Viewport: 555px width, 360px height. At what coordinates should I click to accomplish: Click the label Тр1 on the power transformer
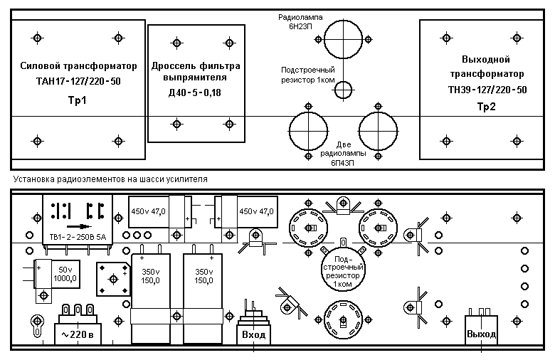[77, 100]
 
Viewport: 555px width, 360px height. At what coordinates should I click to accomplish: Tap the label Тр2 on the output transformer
[486, 107]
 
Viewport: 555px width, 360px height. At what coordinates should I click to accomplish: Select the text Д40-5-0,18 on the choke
[195, 92]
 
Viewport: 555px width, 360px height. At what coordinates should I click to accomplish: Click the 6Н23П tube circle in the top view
[344, 39]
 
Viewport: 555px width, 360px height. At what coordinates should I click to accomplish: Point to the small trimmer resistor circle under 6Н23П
[344, 90]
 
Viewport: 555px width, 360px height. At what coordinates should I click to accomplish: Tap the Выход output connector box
[481, 334]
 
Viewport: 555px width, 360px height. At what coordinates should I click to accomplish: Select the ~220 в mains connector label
[78, 334]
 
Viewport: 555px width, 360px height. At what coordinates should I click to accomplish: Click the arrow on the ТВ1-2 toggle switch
[79, 226]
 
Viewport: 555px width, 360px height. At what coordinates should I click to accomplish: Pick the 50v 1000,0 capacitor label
[65, 275]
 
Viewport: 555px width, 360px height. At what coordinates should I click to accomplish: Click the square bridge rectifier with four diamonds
[113, 279]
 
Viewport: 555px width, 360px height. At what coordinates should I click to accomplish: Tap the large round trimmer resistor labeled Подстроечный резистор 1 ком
[343, 271]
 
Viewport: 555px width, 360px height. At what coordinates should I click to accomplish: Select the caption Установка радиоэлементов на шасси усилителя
[110, 179]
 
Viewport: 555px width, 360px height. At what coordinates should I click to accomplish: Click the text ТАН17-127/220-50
[78, 81]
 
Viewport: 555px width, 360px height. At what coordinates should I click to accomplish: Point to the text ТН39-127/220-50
[487, 90]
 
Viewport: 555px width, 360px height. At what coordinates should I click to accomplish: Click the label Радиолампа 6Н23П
[300, 21]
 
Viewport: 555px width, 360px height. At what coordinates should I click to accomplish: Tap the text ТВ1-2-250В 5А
[78, 237]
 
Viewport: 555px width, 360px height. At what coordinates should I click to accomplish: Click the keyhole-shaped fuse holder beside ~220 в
[37, 326]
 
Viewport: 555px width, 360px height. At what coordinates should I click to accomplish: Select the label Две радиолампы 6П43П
[343, 154]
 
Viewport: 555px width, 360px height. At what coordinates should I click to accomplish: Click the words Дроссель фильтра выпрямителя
[196, 72]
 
